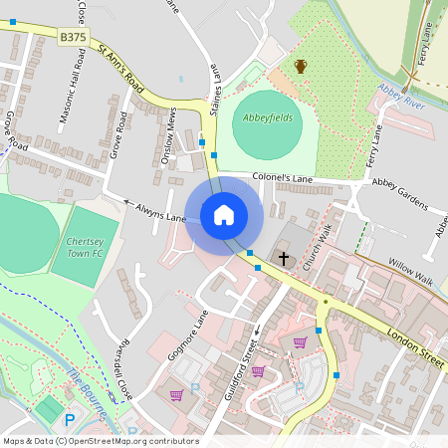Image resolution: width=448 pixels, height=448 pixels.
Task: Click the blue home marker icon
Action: tap(224, 214)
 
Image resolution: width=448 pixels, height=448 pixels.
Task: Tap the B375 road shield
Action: tap(73, 37)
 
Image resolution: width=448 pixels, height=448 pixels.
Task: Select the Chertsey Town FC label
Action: tap(85, 247)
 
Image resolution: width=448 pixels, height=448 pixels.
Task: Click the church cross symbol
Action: tap(284, 259)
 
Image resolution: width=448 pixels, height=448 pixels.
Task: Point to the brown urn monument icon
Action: tap(301, 67)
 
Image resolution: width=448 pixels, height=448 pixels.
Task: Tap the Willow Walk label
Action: tap(410, 268)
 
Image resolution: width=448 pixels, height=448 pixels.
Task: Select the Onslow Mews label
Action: tap(171, 132)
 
